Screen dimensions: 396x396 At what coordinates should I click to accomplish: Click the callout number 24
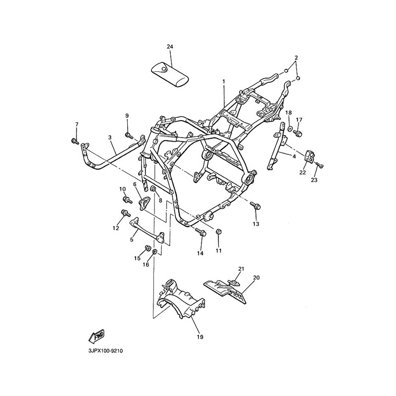170,47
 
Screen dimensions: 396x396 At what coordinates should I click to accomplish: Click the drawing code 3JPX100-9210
105,350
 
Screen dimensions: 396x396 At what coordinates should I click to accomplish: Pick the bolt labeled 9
128,134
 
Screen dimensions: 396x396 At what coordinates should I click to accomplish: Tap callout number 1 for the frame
223,81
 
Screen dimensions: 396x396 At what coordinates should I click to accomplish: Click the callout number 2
296,58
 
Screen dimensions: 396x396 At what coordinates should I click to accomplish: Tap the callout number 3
110,137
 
